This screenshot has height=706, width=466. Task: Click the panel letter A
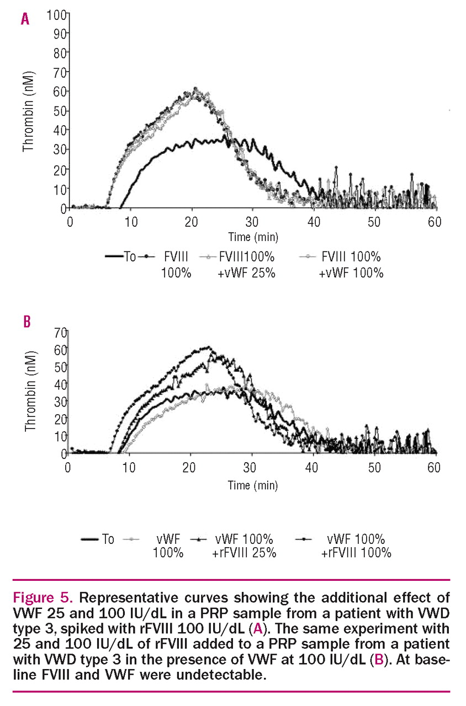point(24,20)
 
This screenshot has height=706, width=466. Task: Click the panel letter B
point(27,322)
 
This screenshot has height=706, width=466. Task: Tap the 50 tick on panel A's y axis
point(59,110)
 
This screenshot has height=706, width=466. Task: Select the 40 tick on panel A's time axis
point(314,220)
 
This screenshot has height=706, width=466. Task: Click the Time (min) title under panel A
point(253,237)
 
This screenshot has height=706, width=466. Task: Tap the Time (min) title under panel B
point(253,485)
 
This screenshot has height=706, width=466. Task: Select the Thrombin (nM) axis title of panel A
point(28,110)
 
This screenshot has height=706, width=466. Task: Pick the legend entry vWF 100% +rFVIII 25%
point(243,545)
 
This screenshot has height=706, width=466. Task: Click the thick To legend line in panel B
point(89,539)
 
